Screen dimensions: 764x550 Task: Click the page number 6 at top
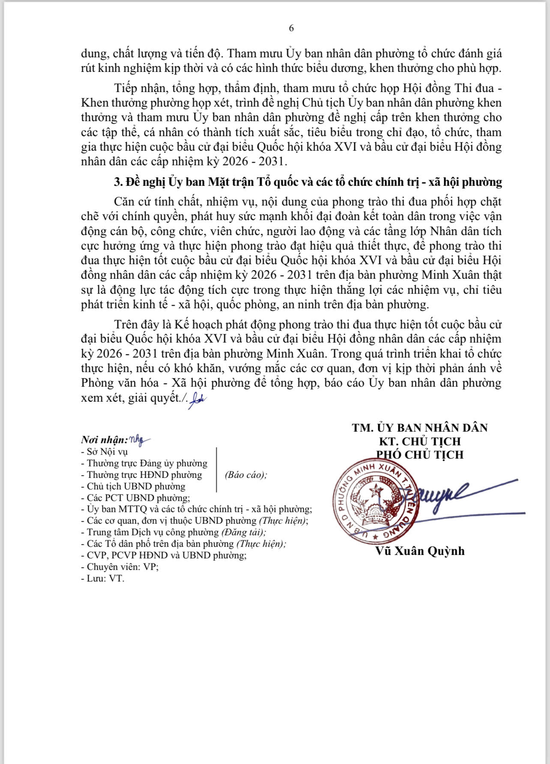[291, 28]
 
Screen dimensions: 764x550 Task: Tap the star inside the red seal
[376, 489]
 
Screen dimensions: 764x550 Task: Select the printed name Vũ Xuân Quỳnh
[420, 551]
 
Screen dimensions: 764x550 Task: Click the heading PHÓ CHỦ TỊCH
[420, 454]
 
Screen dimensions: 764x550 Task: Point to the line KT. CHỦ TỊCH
[420, 441]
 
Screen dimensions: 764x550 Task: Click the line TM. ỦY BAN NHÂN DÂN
[420, 428]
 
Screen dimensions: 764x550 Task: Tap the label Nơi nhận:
[104, 440]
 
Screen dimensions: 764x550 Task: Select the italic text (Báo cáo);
[245, 475]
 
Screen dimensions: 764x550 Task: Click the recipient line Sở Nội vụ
[107, 451]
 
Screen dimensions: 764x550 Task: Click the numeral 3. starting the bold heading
[118, 182]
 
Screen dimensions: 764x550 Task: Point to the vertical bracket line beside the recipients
[217, 469]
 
